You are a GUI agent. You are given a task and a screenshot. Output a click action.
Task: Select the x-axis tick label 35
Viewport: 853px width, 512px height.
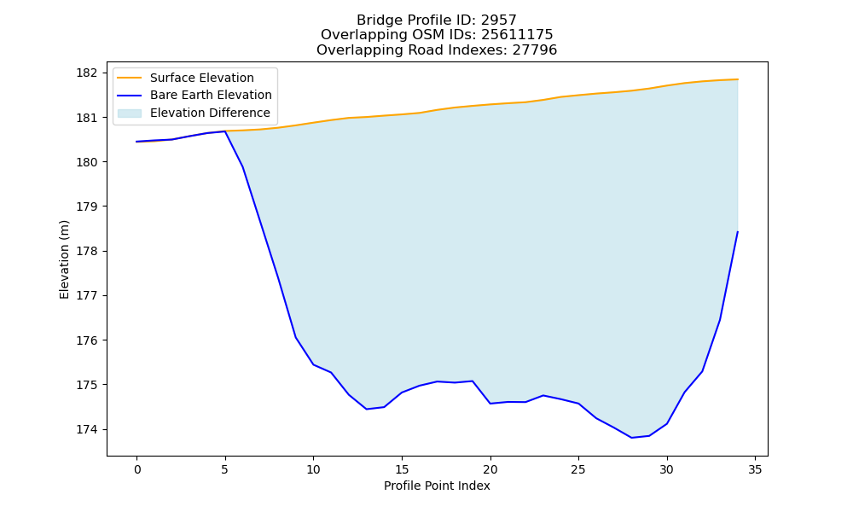(x=755, y=469)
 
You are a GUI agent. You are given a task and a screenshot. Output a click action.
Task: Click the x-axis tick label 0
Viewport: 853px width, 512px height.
(x=137, y=469)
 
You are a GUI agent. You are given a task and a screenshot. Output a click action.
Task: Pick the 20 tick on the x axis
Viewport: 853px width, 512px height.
(x=490, y=469)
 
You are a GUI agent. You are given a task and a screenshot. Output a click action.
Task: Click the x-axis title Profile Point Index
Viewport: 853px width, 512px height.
(x=437, y=486)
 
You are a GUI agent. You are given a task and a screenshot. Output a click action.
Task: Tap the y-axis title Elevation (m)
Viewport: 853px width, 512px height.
(x=64, y=259)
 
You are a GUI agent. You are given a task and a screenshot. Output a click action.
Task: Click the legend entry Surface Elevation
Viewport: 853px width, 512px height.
(x=202, y=78)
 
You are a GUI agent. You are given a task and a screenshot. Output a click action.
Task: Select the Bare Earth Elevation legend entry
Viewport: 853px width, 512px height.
(x=211, y=96)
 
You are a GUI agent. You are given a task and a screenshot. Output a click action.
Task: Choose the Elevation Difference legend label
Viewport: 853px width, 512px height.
(x=210, y=113)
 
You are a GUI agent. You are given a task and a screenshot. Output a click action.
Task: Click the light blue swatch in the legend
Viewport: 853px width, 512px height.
(x=130, y=113)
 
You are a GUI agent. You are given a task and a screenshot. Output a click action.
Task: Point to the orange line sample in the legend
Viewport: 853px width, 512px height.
(x=130, y=79)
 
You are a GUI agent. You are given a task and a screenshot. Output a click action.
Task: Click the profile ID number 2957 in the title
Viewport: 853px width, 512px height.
(x=499, y=20)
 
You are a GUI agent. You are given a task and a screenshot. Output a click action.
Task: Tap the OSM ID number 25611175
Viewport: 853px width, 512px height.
(x=518, y=35)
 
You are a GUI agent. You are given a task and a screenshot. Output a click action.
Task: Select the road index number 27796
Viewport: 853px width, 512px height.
(x=535, y=50)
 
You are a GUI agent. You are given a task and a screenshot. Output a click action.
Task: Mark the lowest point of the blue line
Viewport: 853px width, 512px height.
(x=631, y=438)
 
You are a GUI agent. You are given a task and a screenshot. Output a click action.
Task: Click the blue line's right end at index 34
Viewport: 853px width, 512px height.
(x=738, y=232)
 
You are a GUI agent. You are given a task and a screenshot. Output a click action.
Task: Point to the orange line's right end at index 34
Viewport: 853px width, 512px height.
(x=738, y=79)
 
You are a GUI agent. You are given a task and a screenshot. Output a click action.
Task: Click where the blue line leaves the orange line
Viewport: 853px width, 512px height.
(x=224, y=131)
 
